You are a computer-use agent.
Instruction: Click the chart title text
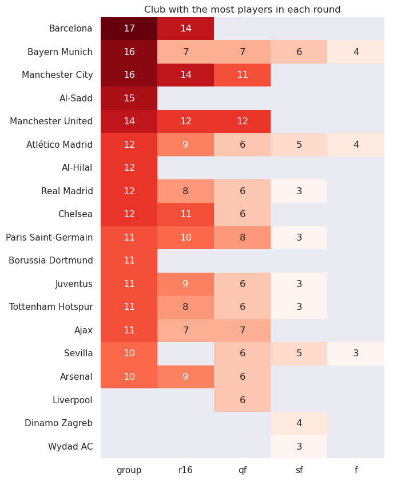242,9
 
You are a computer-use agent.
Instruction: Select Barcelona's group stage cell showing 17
129,29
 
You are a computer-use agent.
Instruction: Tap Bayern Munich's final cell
356,52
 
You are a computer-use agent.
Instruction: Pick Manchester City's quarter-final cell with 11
242,75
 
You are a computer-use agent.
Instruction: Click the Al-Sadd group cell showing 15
129,99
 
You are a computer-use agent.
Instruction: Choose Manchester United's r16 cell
185,121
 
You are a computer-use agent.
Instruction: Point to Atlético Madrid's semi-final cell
299,145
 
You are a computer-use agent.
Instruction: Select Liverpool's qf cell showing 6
242,400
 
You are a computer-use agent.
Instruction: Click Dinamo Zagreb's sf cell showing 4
299,423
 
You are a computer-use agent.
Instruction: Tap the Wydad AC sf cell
299,446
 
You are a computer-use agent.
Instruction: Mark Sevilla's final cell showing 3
356,353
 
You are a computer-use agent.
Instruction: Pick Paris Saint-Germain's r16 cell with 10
185,238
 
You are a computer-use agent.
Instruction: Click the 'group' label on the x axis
129,470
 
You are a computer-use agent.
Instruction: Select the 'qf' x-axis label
242,470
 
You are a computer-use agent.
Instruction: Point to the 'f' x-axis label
356,470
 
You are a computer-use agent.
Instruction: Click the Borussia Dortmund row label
51,261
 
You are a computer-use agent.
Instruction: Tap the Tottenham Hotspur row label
51,307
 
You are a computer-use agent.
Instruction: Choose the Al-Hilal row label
77,168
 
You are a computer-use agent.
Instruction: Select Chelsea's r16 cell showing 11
185,214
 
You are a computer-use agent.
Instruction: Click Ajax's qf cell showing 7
242,331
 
